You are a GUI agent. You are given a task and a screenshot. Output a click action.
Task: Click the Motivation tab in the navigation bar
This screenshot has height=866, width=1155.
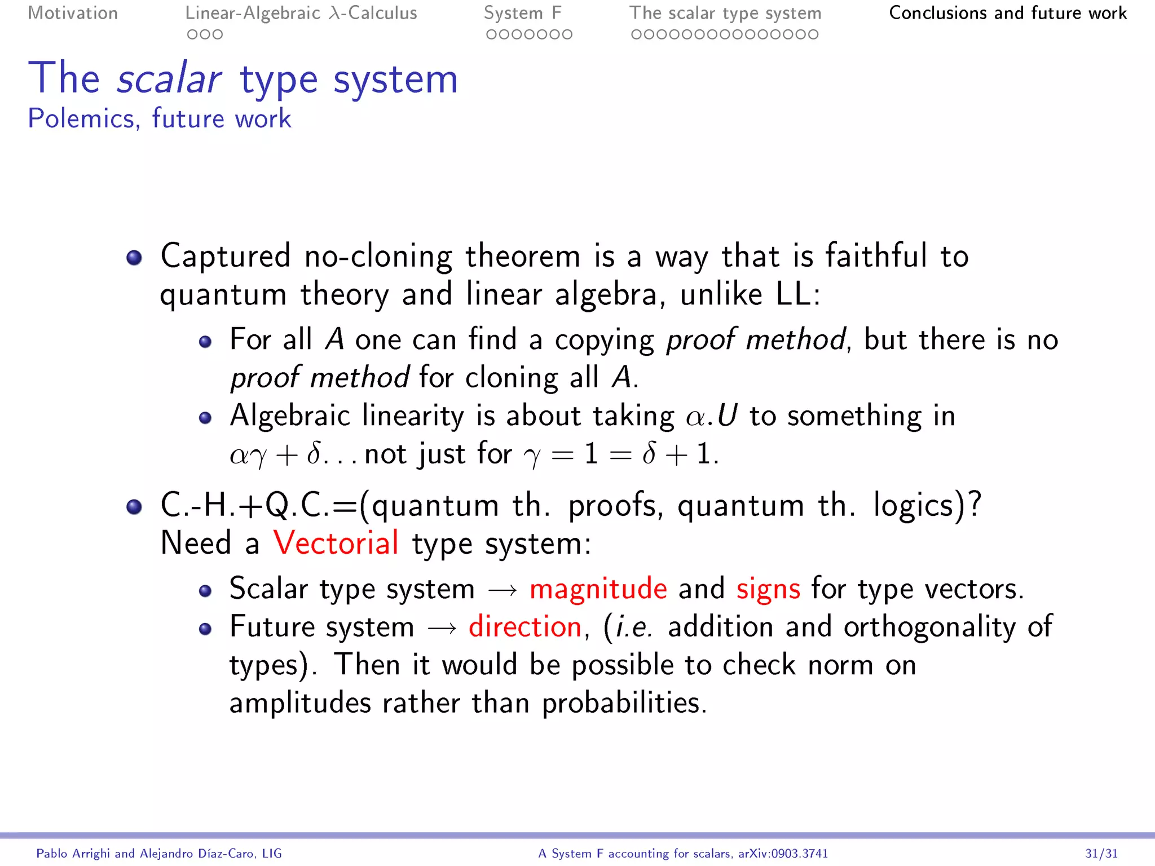click(73, 13)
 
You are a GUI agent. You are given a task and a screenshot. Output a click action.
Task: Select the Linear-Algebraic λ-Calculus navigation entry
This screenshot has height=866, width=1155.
click(301, 13)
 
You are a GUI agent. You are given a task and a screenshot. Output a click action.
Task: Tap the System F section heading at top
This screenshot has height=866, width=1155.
click(522, 13)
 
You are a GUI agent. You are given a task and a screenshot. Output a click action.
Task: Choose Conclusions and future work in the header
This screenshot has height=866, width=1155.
click(1008, 13)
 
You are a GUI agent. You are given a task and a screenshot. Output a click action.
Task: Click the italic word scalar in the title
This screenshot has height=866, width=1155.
click(169, 79)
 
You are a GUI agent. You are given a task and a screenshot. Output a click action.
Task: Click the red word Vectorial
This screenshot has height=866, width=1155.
click(336, 543)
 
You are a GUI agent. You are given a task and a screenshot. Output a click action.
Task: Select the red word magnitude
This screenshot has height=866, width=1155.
click(598, 589)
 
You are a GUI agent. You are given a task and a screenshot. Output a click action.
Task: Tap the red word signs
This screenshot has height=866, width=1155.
click(768, 589)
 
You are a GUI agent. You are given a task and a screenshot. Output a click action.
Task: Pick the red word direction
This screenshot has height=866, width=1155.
click(525, 627)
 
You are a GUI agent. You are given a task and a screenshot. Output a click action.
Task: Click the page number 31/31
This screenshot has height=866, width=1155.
click(1101, 854)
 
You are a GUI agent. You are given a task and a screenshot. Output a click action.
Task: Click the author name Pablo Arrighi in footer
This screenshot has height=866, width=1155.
click(74, 854)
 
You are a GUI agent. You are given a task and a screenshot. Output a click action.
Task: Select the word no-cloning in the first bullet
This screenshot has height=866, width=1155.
click(378, 257)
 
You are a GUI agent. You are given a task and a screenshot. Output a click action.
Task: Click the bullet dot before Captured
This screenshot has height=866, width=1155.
click(134, 258)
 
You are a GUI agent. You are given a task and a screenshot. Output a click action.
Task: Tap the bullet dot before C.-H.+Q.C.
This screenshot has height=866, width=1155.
click(134, 506)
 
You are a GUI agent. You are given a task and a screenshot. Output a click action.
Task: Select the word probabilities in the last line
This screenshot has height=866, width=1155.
click(624, 704)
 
